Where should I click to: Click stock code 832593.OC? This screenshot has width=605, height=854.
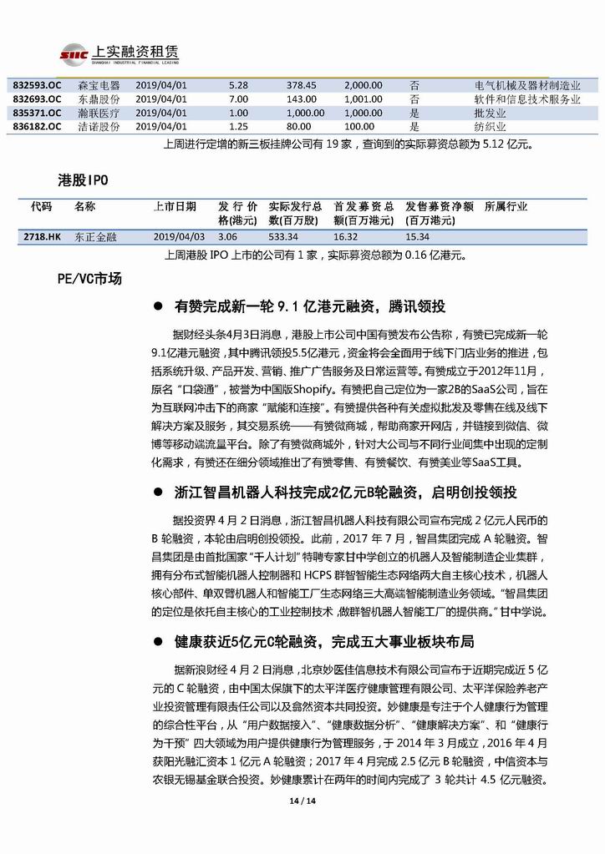coord(38,85)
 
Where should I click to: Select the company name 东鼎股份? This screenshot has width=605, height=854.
coord(99,99)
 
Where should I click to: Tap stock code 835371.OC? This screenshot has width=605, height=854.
coord(38,113)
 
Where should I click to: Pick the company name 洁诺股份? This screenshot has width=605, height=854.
coord(99,126)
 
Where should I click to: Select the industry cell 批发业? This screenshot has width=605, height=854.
coord(488,113)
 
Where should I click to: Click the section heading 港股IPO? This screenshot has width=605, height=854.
coord(83,179)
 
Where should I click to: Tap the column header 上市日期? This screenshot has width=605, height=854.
coord(175,205)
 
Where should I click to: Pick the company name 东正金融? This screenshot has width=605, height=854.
coord(96,237)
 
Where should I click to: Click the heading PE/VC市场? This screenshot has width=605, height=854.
coord(89,279)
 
